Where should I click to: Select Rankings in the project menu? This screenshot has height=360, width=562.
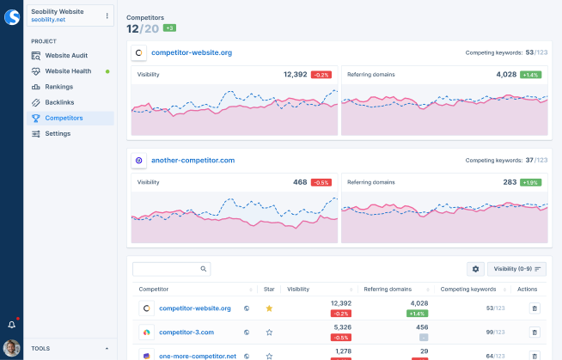[x=58, y=87]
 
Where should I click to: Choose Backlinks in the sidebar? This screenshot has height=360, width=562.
[x=59, y=102]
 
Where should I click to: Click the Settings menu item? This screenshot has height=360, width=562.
[x=58, y=133]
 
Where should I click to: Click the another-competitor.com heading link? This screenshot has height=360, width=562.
[x=192, y=160]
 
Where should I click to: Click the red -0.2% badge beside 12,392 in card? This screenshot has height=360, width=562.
[x=321, y=75]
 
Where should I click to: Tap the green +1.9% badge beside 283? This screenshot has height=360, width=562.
[x=530, y=182]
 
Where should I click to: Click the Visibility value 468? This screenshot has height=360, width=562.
[x=299, y=181]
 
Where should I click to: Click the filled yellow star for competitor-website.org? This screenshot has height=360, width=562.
[x=269, y=308]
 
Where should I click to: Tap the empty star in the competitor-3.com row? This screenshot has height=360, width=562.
[x=269, y=332]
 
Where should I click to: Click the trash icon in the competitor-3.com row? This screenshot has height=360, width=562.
[x=535, y=332]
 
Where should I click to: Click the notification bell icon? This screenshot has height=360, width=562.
[x=12, y=325]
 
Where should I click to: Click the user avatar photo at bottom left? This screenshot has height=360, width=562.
[x=12, y=348]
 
